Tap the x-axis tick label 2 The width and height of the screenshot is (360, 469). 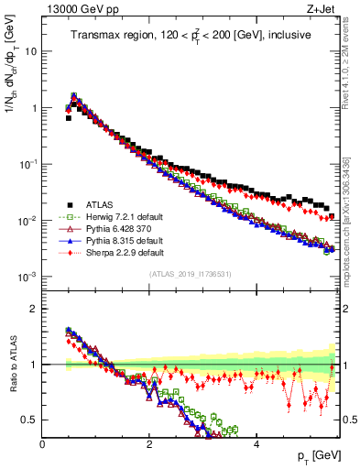click(x=149, y=444)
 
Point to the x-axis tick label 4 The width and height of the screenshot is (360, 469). click(x=256, y=444)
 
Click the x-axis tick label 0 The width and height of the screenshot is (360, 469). click(x=43, y=444)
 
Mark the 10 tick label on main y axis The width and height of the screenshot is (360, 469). click(x=29, y=51)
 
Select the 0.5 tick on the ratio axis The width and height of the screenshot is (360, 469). click(x=30, y=420)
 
